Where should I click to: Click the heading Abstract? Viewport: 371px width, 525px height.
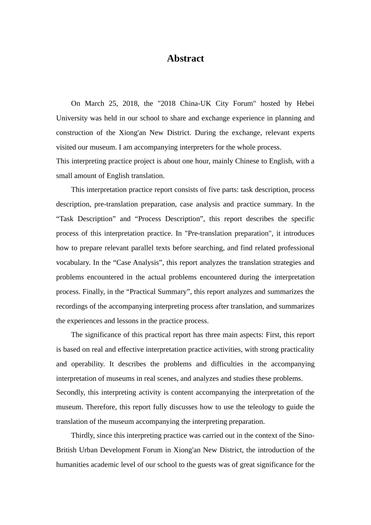(x=185, y=59)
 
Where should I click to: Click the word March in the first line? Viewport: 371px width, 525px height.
(x=95, y=104)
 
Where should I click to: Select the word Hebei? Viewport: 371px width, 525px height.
(x=305, y=104)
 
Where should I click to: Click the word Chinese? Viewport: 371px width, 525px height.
(x=247, y=161)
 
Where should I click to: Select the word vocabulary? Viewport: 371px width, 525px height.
(x=73, y=262)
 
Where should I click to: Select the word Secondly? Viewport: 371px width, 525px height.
(x=70, y=393)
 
